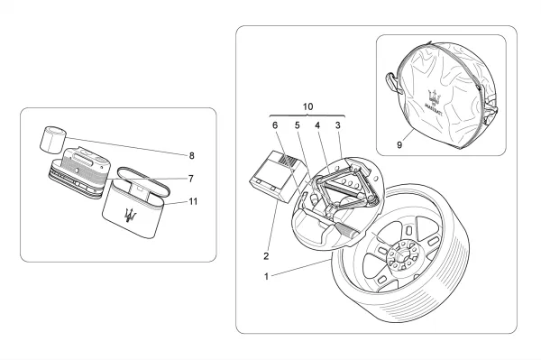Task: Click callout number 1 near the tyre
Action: coord(266,276)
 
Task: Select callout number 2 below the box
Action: coord(266,256)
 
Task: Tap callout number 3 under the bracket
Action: coord(338,125)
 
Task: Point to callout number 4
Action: coord(317,125)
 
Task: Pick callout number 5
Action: coord(298,125)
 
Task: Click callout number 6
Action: coord(275,125)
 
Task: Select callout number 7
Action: coord(191,179)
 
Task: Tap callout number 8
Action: coord(191,156)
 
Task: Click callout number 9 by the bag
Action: coord(399,145)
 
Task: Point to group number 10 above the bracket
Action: coord(307,106)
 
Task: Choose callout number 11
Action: coord(193,201)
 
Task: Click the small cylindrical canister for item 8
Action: coord(53,140)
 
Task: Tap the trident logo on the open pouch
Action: coord(131,216)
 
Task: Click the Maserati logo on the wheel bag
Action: coord(435,100)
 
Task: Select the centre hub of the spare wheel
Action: coord(401,256)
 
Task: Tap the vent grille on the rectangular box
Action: coord(289,161)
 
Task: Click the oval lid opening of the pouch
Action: coord(144,181)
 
